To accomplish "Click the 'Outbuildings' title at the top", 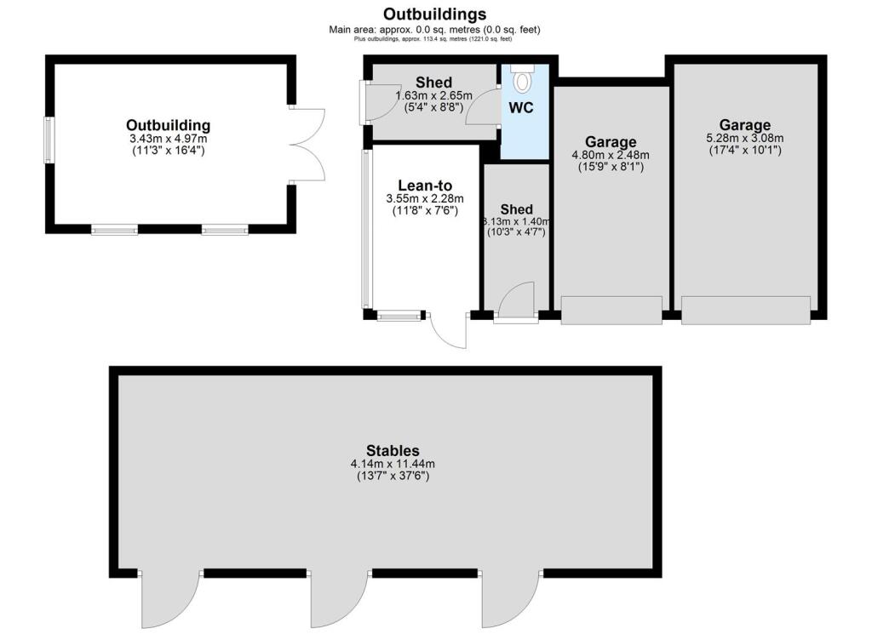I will point(434,14).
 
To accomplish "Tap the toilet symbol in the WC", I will point(523,80).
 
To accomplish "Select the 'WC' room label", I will point(521,109).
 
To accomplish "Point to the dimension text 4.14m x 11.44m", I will point(393,464).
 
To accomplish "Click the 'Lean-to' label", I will point(425,186).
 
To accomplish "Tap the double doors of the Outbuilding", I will point(309,145).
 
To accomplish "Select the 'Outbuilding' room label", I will point(168,126).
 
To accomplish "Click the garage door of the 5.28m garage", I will point(745,310).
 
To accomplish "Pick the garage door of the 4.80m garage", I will point(611,310).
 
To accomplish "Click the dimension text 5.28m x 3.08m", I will point(745,139).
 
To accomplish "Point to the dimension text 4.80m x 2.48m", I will point(611,155).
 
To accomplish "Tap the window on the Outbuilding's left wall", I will point(49,139).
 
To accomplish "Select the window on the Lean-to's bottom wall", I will point(399,316).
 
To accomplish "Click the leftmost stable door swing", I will point(169,599).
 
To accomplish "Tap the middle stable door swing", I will point(338,599).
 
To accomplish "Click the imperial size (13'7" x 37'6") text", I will point(393,477).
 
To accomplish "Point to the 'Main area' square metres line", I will point(434,30).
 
